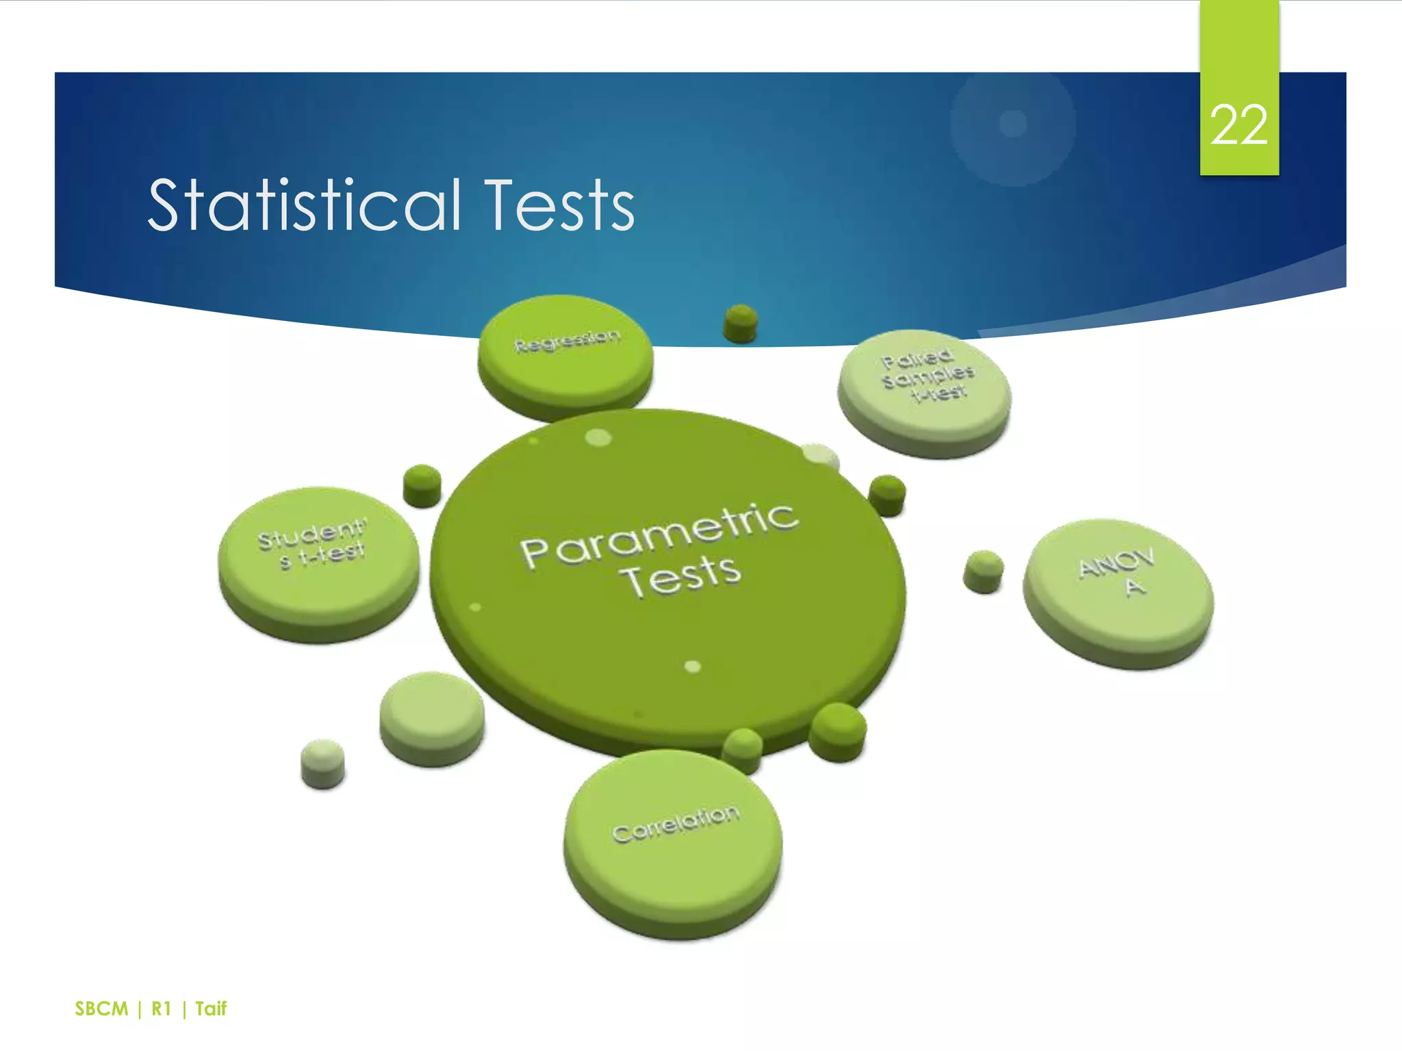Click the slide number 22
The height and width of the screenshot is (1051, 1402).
(1238, 126)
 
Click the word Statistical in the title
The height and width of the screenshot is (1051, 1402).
(305, 205)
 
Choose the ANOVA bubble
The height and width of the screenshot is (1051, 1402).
(1118, 588)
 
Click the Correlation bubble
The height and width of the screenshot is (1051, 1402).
(674, 838)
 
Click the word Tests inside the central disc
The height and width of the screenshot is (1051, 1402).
(683, 576)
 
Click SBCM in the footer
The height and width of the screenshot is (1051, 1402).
(101, 1009)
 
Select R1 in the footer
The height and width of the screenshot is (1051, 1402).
(161, 1009)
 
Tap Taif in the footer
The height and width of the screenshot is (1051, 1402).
(211, 1009)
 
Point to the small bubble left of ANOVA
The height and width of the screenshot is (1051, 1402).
(983, 571)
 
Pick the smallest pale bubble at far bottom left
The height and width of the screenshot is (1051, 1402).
(322, 762)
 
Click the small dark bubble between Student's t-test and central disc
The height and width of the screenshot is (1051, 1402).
(422, 485)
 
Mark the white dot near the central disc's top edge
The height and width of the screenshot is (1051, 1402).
(598, 437)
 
